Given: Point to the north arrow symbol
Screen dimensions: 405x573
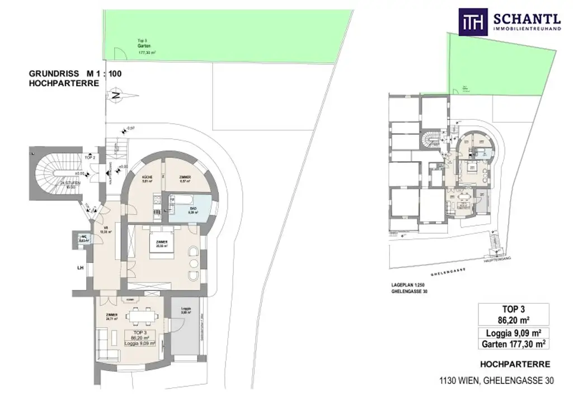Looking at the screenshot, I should tap(115, 95).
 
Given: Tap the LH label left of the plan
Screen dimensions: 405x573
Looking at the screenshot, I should tap(80, 268).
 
